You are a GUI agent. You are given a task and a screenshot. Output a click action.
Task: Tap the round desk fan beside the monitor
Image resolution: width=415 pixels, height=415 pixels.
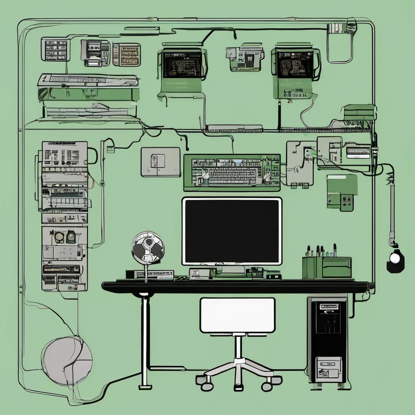(x=148, y=248)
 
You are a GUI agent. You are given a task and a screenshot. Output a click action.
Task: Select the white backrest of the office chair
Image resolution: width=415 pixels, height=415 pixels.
(x=237, y=315)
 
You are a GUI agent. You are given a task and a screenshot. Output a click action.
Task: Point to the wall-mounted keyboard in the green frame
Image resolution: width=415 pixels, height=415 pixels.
(x=232, y=172)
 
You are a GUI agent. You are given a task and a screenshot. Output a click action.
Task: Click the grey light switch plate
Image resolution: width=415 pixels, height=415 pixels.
(x=160, y=162)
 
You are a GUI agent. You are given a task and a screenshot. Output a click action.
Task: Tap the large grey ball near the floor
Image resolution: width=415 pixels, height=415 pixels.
(x=67, y=361)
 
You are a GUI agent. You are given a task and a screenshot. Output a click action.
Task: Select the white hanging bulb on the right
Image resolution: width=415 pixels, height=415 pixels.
(x=394, y=258)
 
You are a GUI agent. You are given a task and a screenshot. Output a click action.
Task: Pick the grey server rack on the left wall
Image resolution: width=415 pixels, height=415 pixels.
(x=64, y=215)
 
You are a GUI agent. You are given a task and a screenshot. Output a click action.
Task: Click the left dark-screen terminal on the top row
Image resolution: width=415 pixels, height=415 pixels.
(x=182, y=65)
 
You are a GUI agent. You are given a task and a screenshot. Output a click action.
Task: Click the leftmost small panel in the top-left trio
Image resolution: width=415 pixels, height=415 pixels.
(x=56, y=49)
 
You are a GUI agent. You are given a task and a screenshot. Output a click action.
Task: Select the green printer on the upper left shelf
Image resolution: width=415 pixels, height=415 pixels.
(x=88, y=93)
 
